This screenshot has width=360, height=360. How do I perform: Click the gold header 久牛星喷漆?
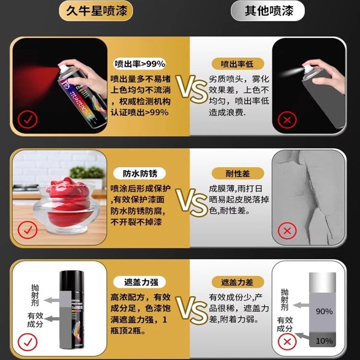(96, 11)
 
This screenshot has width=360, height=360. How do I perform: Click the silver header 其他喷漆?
(269, 11)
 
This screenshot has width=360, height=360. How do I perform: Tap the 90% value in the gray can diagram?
(324, 311)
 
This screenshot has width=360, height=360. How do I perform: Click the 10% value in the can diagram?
(324, 341)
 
